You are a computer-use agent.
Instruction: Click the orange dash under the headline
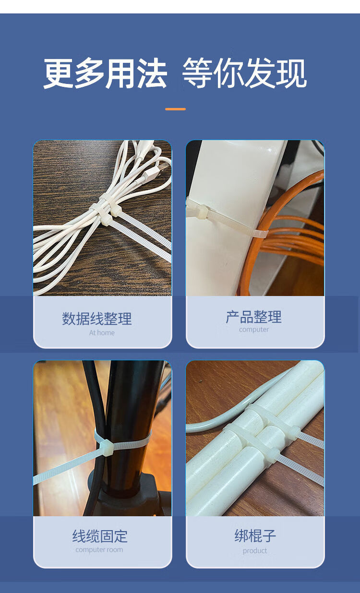click(175, 109)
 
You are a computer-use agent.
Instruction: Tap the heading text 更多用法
click(105, 73)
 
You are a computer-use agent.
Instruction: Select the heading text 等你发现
click(244, 73)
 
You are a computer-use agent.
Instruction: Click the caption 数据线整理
click(97, 319)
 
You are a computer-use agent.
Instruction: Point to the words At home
click(102, 333)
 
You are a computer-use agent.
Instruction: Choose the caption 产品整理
click(254, 317)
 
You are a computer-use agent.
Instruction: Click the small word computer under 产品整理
click(254, 330)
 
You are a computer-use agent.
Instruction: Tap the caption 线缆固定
click(100, 536)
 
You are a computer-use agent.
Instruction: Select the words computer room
click(99, 550)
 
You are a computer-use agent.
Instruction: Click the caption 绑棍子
click(255, 536)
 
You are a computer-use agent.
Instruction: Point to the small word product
click(255, 551)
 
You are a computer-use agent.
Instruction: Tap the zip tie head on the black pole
click(107, 448)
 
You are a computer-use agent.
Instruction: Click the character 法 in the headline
click(152, 73)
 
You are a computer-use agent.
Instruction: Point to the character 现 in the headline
click(292, 73)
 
